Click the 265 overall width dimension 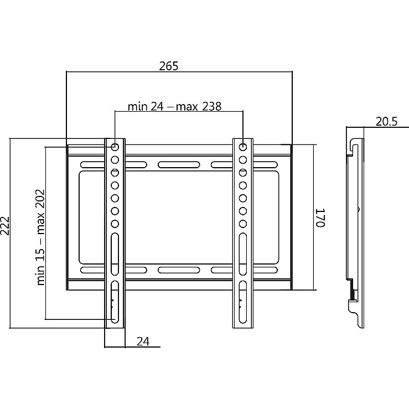pos(169,66)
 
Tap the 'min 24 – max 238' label pos(174,106)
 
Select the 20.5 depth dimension pos(386,122)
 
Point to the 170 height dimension pos(320,218)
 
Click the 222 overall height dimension pos(5,226)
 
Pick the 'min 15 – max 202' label pos(41,237)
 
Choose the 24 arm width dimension pos(143,341)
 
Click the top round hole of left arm pos(115,147)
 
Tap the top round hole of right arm pos(243,147)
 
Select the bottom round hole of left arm pos(115,224)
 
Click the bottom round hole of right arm pos(243,224)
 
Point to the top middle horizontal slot pos(179,165)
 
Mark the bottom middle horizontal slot pos(179,270)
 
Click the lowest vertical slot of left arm pos(115,302)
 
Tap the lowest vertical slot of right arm pos(243,302)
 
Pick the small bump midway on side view pos(359,209)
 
